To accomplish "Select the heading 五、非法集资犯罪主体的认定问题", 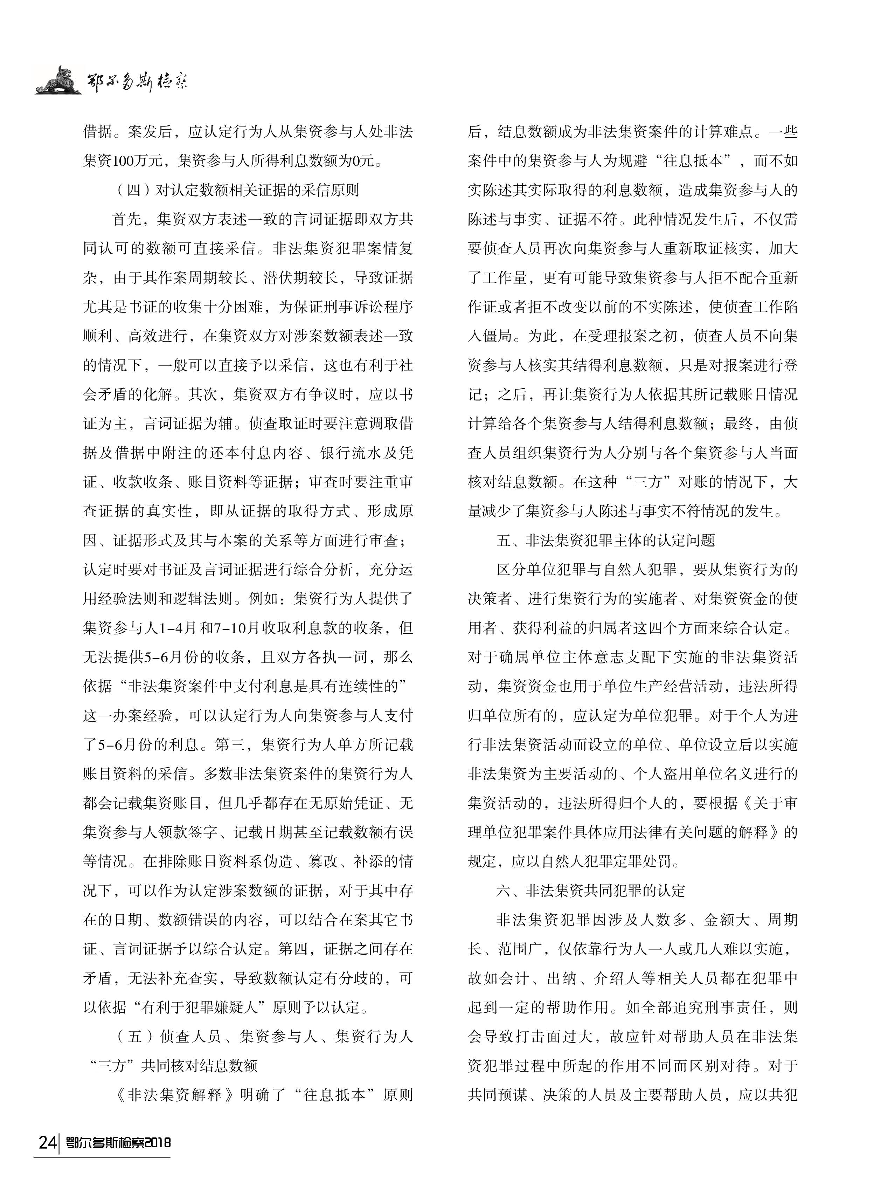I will (605, 541).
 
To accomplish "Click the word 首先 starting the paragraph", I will (126, 219).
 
